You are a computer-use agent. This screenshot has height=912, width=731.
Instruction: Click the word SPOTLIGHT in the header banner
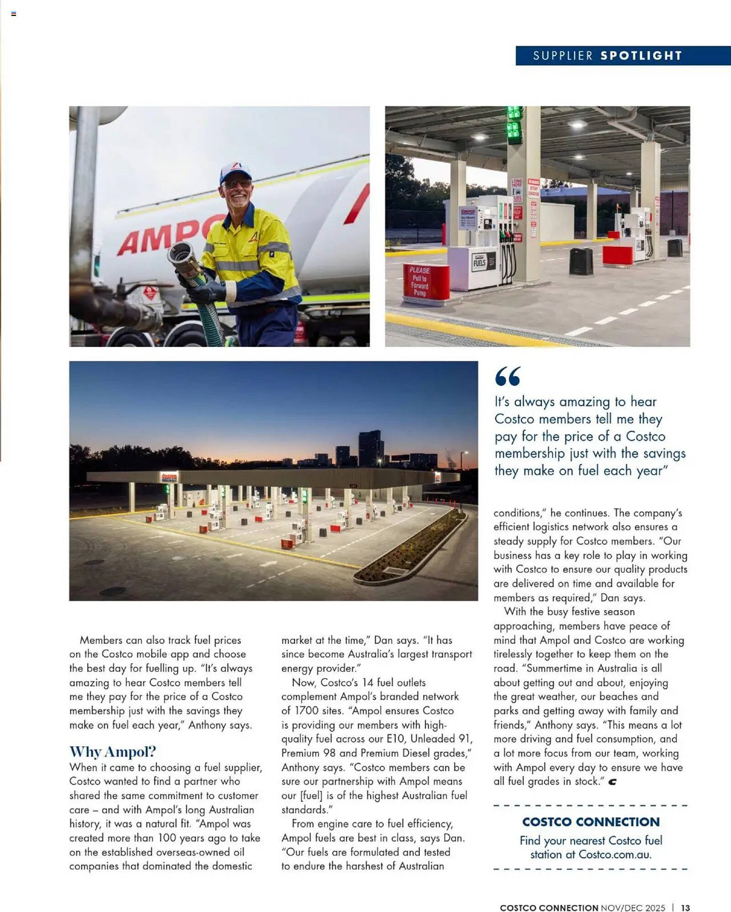pos(641,56)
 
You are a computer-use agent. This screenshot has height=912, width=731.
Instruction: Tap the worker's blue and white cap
pos(235,172)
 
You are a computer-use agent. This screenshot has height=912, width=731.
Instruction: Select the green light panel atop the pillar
pos(515,126)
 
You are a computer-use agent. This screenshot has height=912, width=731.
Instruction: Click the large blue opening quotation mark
pos(507,376)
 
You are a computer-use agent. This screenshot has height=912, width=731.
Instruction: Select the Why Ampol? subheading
pos(113,751)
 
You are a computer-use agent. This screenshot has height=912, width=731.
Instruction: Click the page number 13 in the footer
pos(685,907)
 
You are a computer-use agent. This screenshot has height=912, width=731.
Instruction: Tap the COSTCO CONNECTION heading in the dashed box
pos(591,822)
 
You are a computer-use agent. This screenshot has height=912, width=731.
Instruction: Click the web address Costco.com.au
pos(614,854)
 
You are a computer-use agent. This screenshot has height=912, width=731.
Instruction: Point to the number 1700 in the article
pos(306,710)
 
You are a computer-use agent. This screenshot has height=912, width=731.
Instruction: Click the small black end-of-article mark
pos(612,782)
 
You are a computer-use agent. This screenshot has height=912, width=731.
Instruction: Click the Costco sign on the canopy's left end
pos(169,477)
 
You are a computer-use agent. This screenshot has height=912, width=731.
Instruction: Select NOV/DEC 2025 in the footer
pos(633,907)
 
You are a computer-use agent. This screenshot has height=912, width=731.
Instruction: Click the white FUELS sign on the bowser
pos(480,263)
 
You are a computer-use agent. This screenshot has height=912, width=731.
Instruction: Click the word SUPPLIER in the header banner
pos(563,56)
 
